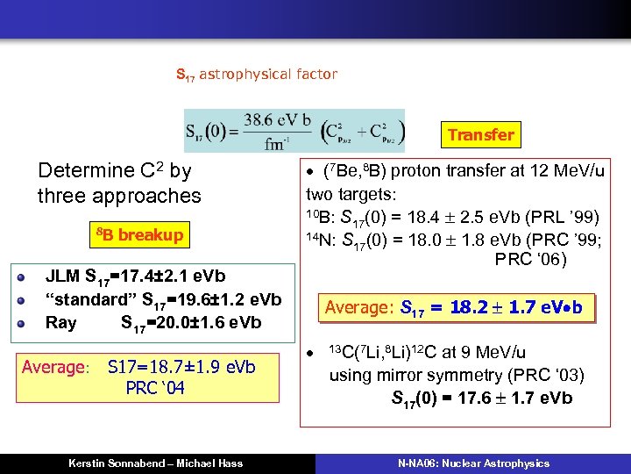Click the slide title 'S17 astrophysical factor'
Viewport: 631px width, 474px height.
256,75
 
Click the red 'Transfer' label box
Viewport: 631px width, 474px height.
480,134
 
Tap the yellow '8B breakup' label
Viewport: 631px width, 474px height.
139,234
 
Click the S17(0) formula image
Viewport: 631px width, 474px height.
294,131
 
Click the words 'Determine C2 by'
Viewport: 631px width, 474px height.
114,170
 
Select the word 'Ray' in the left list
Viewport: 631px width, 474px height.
60,322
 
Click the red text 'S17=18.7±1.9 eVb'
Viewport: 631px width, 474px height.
181,367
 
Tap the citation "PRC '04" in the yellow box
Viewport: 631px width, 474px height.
155,388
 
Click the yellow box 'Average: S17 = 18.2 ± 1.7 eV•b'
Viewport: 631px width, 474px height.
453,308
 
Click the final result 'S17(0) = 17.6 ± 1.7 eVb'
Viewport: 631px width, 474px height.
481,399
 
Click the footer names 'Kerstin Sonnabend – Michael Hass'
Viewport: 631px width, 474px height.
156,463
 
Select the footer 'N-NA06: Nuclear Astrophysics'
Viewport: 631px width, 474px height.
472,463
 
